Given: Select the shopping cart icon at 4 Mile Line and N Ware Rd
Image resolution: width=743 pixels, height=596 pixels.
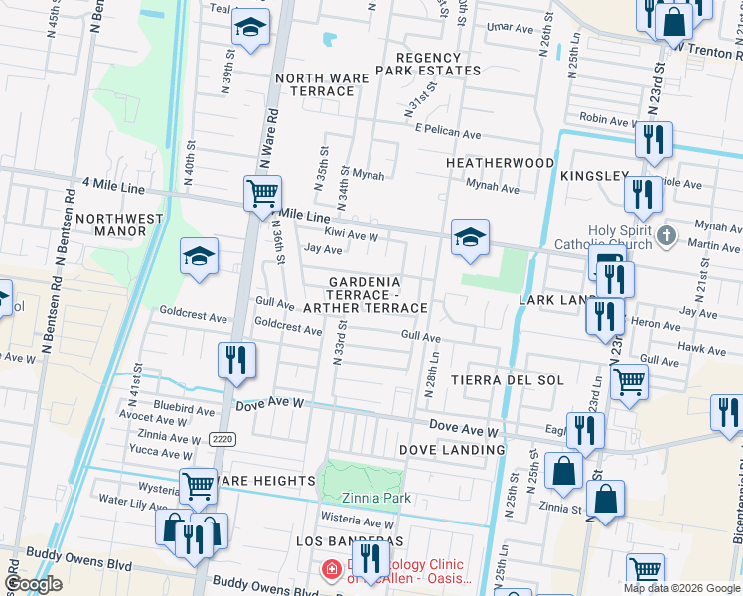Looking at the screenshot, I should [262, 193].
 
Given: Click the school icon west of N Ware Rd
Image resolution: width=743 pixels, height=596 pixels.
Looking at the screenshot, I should [199, 257].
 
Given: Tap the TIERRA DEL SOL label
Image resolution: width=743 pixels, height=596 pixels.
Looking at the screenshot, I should [508, 380].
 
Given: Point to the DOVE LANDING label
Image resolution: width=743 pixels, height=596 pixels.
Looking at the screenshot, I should [452, 450].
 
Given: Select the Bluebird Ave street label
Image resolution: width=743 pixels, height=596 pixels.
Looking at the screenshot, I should [184, 409].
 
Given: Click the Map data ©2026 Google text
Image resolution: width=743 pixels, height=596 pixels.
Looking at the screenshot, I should [680, 588].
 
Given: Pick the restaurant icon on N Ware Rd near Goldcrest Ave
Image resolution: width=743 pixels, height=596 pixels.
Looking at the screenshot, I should [236, 360].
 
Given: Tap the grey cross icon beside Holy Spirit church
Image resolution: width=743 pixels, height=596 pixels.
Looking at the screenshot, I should [667, 237].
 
